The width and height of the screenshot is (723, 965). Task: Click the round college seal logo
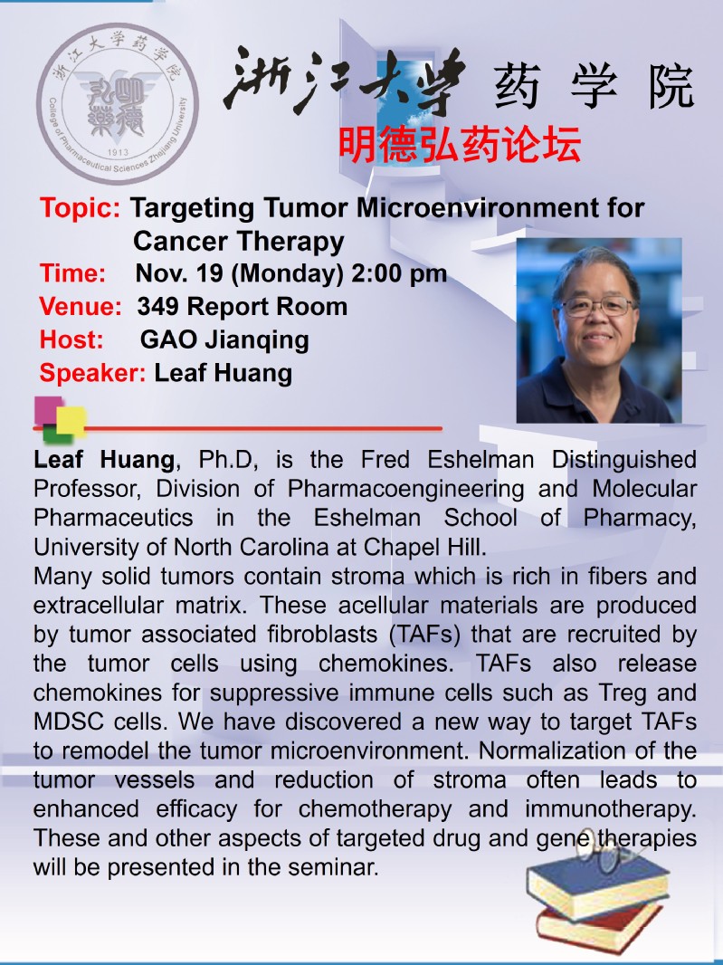point(118,103)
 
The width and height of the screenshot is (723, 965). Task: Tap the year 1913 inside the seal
point(118,152)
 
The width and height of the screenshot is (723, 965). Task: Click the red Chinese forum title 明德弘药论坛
point(459,145)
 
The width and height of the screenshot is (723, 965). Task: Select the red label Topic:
point(80,208)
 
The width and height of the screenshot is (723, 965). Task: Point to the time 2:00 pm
point(399,273)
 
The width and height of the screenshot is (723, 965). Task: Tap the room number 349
point(158,307)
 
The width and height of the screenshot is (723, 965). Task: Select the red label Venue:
point(81,307)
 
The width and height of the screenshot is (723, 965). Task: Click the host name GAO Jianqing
point(224,340)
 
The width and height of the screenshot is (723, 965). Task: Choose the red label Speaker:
point(92,373)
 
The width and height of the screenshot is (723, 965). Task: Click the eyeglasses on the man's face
point(597,306)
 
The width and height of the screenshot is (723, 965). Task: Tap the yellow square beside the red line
point(71,422)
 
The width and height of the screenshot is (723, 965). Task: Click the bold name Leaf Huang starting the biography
point(104,460)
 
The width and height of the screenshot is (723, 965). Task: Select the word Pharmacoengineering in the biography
point(406,489)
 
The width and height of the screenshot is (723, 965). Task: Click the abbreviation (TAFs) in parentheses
point(425,635)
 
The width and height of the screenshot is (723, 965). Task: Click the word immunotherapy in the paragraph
point(611,809)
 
